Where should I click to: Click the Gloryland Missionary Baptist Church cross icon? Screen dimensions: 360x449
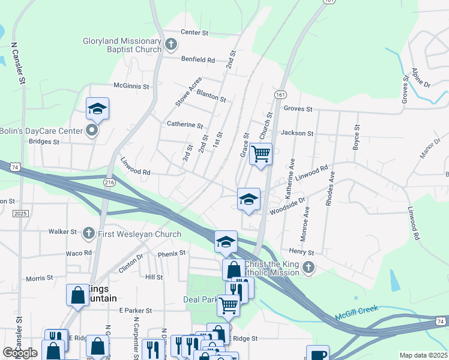point(171,44)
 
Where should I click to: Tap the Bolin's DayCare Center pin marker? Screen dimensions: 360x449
point(92,130)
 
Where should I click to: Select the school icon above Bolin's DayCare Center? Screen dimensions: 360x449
point(97,109)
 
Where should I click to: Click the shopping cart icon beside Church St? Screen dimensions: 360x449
point(261,154)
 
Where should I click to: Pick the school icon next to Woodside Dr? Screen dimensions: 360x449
point(248,199)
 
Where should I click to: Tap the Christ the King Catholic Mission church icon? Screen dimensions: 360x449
point(309,267)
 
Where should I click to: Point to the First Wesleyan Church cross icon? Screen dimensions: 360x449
point(89,233)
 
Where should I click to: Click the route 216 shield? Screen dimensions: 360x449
point(109,182)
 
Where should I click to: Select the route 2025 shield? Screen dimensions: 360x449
point(20,214)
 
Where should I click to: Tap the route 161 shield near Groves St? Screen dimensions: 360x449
point(281,95)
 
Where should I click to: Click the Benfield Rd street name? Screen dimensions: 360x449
point(198,59)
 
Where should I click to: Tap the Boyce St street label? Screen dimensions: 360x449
point(357,137)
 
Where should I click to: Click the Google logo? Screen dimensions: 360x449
point(20,353)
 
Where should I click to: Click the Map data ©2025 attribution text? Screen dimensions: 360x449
point(423,355)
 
